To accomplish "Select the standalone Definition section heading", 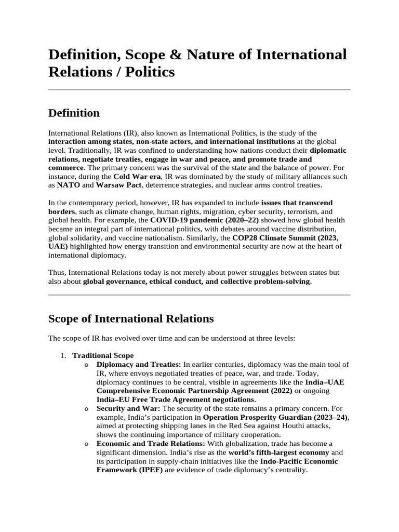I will [74, 113].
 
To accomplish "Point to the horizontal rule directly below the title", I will [199, 90].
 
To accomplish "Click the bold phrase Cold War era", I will [137, 177].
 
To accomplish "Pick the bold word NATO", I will [68, 185].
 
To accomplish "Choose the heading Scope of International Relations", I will [130, 318].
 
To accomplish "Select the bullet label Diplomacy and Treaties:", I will [139, 365].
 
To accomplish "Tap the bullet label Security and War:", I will [127, 408].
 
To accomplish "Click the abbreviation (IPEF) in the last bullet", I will [149, 470].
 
